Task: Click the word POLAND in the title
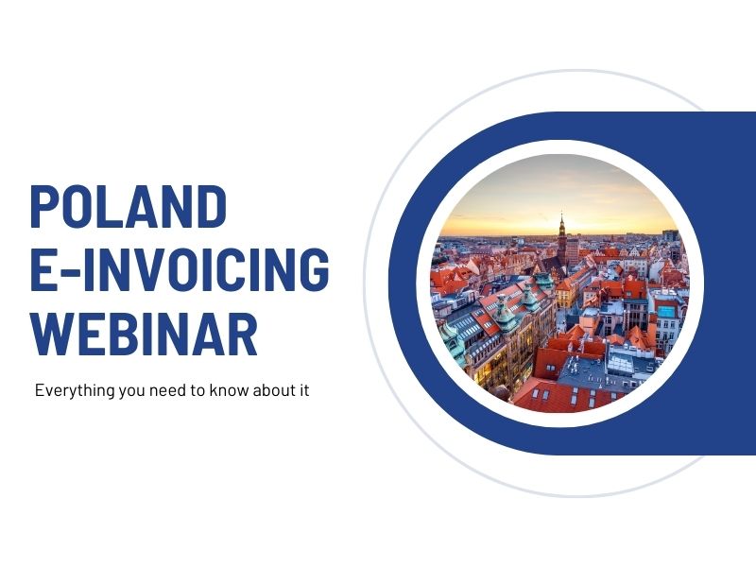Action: [x=129, y=207]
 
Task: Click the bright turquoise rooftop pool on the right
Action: [x=667, y=309]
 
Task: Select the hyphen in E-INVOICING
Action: [x=67, y=270]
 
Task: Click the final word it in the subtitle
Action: [x=303, y=390]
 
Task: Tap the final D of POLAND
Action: [x=214, y=207]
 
